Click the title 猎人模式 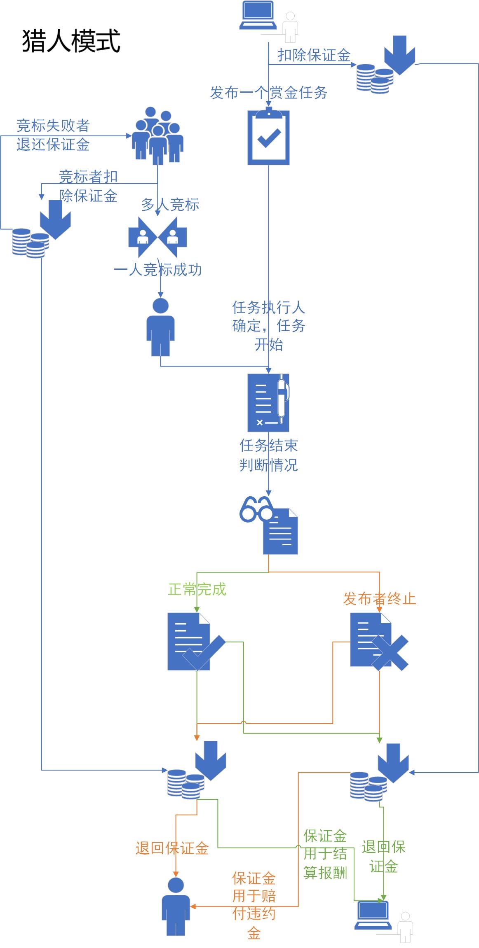(x=71, y=41)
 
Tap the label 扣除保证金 (x=314, y=55)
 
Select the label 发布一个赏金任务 (x=269, y=93)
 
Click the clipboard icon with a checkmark (x=268, y=137)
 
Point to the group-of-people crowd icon (x=157, y=135)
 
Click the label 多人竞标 (x=170, y=204)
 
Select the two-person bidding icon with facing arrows (x=157, y=237)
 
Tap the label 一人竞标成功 (x=157, y=270)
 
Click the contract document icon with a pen (x=268, y=402)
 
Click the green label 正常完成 (x=197, y=589)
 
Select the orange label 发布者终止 (x=379, y=598)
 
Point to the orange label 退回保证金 (x=172, y=848)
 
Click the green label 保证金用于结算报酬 (x=325, y=854)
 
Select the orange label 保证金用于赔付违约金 (x=254, y=905)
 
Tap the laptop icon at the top (x=258, y=16)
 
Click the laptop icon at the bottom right (x=373, y=915)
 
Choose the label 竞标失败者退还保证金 (x=53, y=135)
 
